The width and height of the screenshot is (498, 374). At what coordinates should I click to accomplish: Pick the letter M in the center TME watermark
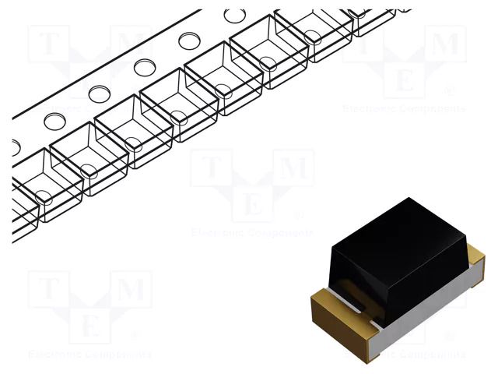click(x=295, y=168)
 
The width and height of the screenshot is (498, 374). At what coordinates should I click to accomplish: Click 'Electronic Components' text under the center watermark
click(x=252, y=232)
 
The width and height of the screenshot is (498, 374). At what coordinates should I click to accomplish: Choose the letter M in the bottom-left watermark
click(x=132, y=290)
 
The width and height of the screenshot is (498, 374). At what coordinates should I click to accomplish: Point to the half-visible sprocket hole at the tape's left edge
click(x=16, y=146)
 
